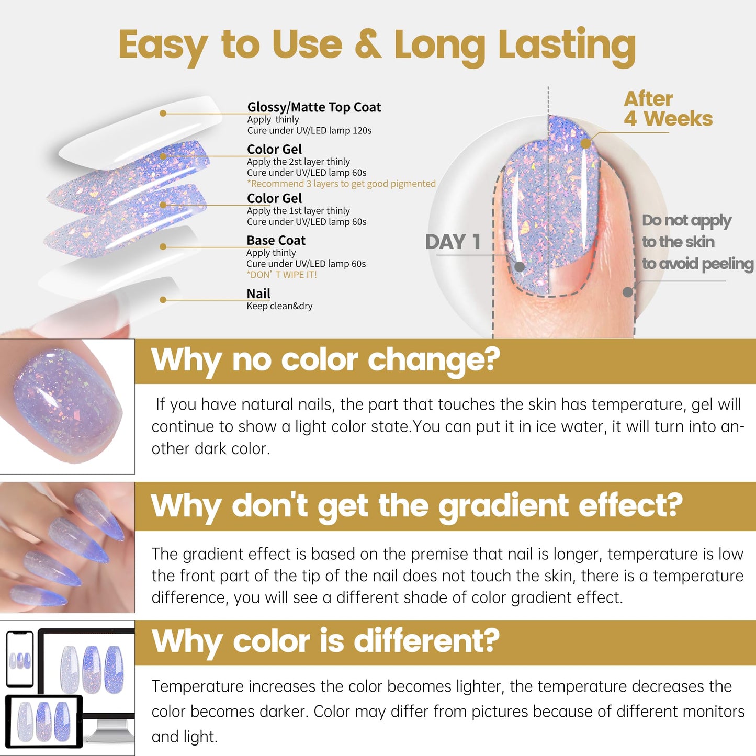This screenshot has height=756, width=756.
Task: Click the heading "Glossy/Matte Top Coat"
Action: [314, 107]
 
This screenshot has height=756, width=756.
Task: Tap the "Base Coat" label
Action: [276, 241]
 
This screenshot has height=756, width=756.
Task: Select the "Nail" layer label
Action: [258, 294]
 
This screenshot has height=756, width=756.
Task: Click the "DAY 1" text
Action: [453, 242]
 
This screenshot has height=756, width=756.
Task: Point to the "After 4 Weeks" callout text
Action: [668, 109]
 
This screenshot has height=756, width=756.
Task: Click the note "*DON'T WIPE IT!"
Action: [281, 275]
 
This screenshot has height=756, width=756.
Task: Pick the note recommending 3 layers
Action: [341, 184]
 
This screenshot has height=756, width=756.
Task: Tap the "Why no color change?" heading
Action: [325, 360]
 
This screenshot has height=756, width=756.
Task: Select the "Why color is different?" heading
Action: [325, 641]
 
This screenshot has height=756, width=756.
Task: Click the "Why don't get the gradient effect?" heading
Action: [416, 506]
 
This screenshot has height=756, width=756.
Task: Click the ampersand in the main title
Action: [368, 44]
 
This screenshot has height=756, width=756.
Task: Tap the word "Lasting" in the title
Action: [567, 46]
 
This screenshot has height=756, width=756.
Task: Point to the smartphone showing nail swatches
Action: [20, 659]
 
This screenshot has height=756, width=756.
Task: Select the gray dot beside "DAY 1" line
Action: [520, 267]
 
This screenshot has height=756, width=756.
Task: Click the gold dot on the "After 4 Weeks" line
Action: [586, 144]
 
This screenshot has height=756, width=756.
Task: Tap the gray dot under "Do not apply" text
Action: [628, 292]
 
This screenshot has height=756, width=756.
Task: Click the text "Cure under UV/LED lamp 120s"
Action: [309, 131]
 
